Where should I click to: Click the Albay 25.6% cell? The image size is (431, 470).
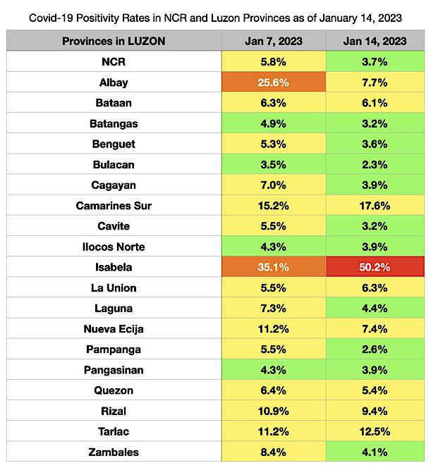coord(274,82)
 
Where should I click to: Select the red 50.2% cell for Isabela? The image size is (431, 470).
coord(375,268)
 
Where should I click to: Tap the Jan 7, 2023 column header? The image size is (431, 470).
coord(274,41)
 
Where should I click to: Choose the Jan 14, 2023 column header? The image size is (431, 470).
coord(375,41)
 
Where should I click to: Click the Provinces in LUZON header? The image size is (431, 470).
coord(114,41)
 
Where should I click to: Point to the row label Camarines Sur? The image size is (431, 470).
coord(114,206)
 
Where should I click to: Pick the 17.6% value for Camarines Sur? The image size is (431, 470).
coord(375,206)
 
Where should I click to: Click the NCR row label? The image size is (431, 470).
coord(114,62)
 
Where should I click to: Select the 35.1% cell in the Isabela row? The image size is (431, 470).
coord(274,268)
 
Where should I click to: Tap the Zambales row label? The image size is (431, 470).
coord(114,452)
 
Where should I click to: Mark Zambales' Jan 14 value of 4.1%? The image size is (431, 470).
coord(375,452)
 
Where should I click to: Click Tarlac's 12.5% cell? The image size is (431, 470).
coord(375,432)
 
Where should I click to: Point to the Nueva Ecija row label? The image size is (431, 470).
coord(114,329)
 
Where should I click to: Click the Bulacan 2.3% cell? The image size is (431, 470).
coord(375,165)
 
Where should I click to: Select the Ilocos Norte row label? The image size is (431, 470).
coord(114,247)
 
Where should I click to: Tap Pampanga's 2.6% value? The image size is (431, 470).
coord(375,350)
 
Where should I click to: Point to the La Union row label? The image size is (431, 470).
coord(114,288)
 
